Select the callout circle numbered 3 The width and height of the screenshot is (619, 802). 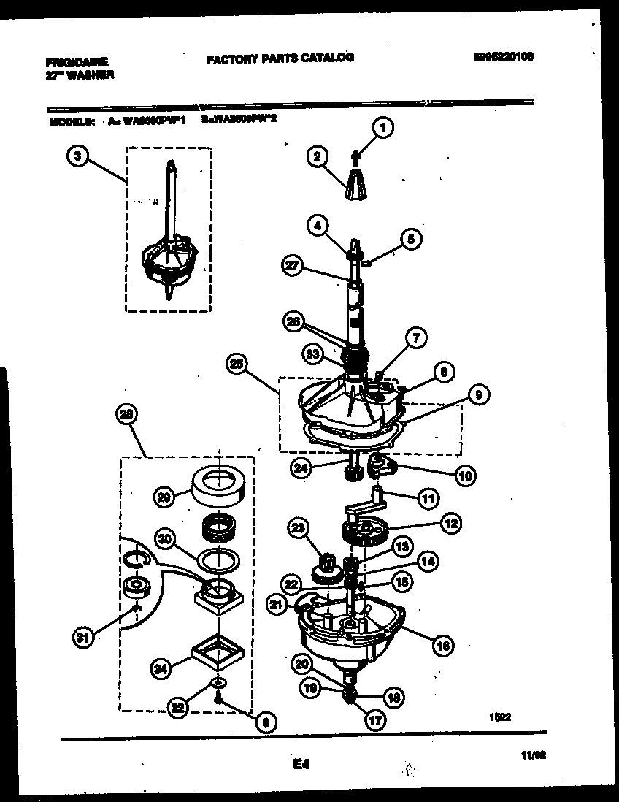point(75,154)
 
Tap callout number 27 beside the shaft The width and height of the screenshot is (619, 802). point(293,267)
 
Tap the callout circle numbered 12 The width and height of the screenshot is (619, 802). point(450,523)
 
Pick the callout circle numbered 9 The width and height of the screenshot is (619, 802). point(479,395)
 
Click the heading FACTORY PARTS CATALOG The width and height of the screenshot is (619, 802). point(280,58)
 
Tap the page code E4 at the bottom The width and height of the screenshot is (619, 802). point(301,764)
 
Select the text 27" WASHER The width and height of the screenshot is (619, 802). point(75,74)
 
